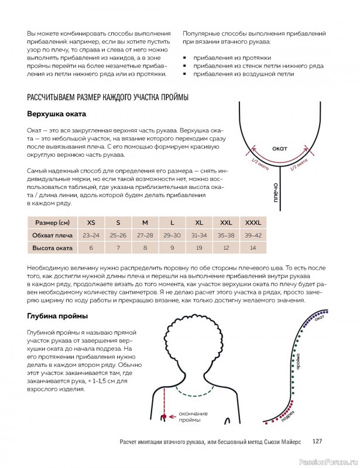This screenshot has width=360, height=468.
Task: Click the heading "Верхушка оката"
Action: click(x=57, y=113)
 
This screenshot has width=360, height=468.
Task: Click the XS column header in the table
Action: click(x=91, y=222)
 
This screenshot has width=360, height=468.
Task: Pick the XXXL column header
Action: click(x=252, y=222)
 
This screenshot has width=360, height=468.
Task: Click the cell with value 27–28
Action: click(x=145, y=235)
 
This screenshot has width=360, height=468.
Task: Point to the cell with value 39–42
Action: click(x=252, y=235)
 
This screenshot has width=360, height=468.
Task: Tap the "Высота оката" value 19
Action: click(x=198, y=248)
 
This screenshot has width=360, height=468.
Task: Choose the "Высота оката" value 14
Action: click(x=252, y=248)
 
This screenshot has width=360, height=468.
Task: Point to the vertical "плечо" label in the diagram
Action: click(x=275, y=195)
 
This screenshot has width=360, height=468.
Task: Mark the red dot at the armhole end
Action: click(x=166, y=416)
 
